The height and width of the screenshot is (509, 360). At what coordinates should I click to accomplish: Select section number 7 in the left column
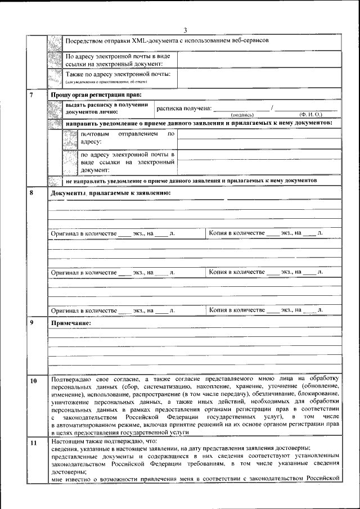coord(32,94)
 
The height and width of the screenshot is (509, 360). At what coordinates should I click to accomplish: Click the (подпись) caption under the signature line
coord(243,114)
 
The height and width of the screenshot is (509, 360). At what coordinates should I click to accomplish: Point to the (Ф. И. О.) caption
coord(310,114)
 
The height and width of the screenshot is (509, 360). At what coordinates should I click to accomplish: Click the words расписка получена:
coord(184,108)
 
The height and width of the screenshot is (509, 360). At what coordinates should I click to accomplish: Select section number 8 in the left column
coord(32,193)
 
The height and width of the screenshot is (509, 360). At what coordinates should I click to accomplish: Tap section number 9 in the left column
coord(32,323)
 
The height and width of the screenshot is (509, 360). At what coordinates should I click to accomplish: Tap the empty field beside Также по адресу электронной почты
coord(259,78)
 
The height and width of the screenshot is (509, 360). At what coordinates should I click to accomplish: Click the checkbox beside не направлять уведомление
coord(55,182)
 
